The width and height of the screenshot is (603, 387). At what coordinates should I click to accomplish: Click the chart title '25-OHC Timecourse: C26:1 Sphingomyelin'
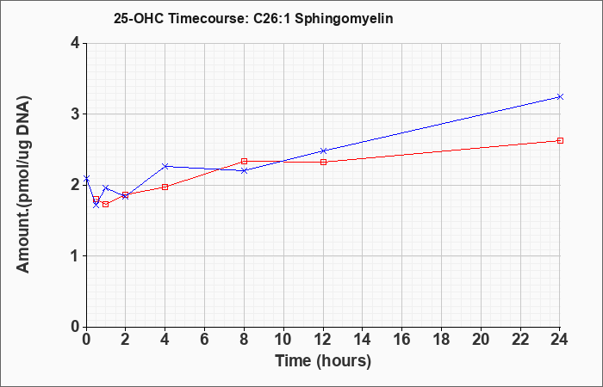(253, 18)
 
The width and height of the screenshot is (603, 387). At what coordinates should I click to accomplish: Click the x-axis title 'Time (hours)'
(323, 361)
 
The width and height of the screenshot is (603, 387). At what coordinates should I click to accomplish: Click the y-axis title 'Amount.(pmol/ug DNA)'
(24, 185)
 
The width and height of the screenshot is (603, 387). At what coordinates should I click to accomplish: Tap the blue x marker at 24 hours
(560, 96)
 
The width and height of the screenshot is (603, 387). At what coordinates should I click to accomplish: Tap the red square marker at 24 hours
(560, 140)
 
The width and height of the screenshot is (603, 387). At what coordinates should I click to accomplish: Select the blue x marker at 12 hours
(323, 150)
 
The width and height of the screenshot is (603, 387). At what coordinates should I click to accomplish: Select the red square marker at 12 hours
(323, 162)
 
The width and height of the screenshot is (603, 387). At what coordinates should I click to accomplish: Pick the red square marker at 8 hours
(244, 162)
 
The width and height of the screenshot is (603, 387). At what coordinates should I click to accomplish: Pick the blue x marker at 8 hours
(244, 170)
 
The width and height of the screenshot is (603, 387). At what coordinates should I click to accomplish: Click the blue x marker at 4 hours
(165, 166)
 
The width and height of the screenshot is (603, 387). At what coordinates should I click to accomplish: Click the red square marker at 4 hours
(165, 187)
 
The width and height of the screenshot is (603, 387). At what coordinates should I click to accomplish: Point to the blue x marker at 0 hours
(86, 179)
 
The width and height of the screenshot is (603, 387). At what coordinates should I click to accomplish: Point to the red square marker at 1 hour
(106, 205)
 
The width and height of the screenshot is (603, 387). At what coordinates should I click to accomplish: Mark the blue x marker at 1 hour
(106, 187)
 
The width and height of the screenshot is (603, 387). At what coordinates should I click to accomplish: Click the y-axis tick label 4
(75, 43)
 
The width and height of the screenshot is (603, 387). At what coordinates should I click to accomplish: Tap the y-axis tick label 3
(75, 114)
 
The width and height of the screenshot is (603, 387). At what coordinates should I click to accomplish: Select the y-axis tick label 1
(75, 256)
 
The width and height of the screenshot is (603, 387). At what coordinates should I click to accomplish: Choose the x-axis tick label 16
(402, 340)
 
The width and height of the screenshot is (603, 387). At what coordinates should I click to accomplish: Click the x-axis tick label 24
(559, 340)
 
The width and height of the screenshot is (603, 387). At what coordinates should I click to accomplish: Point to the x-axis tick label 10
(283, 340)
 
